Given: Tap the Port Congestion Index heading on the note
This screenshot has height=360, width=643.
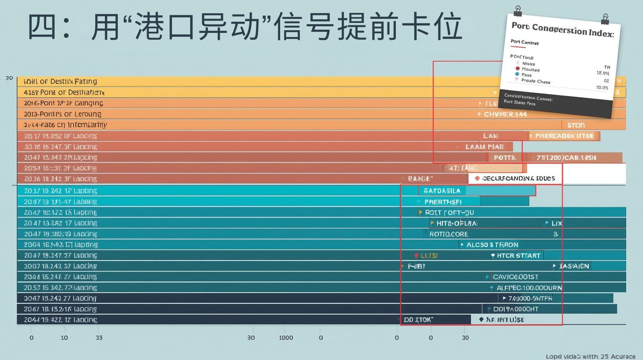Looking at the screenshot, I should [563, 29].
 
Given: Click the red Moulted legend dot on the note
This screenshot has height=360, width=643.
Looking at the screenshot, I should [518, 69].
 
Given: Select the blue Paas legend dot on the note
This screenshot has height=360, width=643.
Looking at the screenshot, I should [517, 74].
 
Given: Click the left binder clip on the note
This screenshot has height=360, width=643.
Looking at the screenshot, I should [518, 11].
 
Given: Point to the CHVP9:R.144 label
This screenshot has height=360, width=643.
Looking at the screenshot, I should [505, 114].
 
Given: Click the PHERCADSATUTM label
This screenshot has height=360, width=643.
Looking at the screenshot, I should [564, 136].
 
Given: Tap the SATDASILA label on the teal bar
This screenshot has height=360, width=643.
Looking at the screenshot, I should [442, 191].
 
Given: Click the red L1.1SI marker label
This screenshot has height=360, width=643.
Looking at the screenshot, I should [428, 256].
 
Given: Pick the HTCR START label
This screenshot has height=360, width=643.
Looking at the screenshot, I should [518, 256].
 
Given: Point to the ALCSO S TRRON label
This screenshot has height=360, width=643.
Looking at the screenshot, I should [492, 245].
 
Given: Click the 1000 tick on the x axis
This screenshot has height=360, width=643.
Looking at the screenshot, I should [286, 337].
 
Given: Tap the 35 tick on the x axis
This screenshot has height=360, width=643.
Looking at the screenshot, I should [99, 337].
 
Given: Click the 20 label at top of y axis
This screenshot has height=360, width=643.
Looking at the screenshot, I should [9, 78].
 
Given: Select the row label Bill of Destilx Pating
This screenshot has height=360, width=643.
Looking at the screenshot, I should [60, 82].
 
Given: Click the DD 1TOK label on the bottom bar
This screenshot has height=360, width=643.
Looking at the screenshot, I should [418, 320].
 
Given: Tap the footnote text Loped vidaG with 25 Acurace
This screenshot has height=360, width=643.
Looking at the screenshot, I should [590, 356].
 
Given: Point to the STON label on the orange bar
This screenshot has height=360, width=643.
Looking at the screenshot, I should [576, 125].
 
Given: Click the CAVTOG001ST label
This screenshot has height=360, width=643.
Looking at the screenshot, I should [515, 277].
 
